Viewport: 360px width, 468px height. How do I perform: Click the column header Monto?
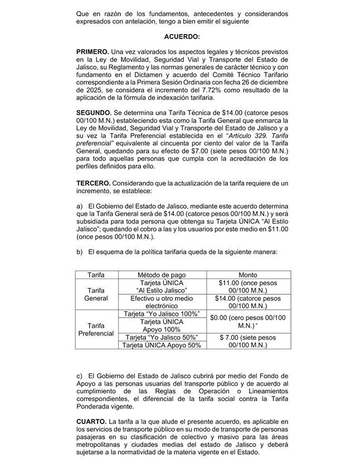247,275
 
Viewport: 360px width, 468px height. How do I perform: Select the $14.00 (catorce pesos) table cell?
247,302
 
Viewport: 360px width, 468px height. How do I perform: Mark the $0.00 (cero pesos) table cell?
247,321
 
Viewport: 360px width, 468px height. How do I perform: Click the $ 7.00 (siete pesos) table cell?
247,341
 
